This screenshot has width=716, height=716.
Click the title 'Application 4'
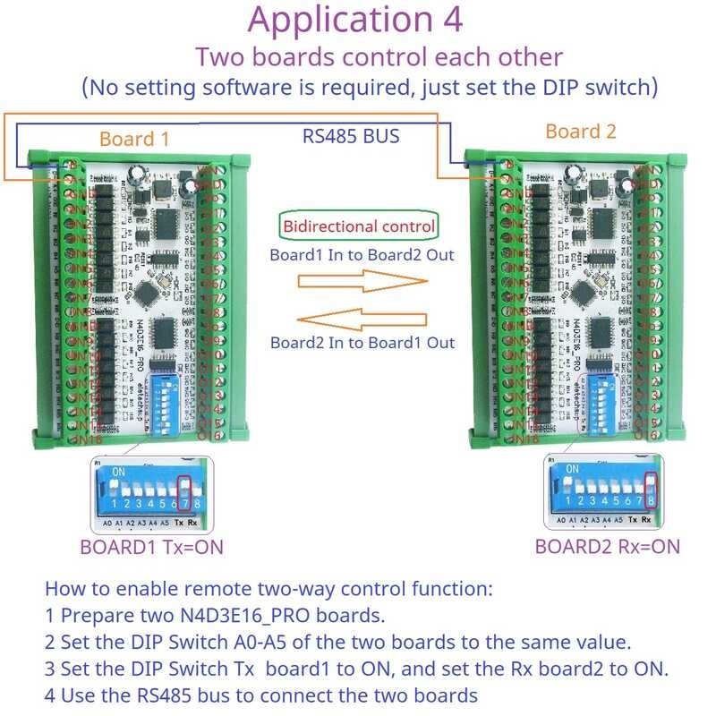(x=355, y=20)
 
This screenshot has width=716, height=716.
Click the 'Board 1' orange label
(x=133, y=139)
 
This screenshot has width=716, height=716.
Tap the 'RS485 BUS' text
(x=350, y=137)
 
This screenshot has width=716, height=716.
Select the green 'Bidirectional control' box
(x=360, y=226)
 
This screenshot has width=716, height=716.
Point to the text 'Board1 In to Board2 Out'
(x=362, y=254)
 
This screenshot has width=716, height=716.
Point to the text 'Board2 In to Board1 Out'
(x=362, y=343)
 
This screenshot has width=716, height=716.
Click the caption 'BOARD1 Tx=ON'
(x=151, y=547)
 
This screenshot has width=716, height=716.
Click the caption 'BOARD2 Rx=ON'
(x=607, y=546)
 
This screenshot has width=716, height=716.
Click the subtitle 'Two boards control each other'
(x=379, y=56)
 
